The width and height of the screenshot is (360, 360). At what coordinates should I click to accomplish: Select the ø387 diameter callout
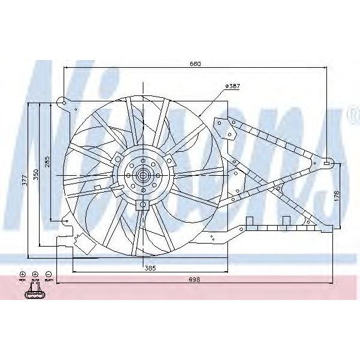pyautogui.click(x=232, y=86)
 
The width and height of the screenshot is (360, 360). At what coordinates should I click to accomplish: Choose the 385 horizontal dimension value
pyautogui.click(x=149, y=268)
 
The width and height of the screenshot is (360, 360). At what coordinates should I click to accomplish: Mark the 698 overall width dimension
pyautogui.click(x=194, y=280)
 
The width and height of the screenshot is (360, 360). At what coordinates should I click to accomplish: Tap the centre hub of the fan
pyautogui.click(x=143, y=176)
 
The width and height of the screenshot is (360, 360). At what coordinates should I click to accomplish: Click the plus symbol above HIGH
pyautogui.click(x=22, y=274)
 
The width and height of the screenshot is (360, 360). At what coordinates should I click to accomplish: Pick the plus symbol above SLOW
pyautogui.click(x=35, y=274)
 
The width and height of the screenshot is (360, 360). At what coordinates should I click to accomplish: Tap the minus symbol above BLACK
pyautogui.click(x=48, y=274)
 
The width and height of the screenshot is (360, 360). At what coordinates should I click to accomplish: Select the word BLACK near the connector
pyautogui.click(x=49, y=281)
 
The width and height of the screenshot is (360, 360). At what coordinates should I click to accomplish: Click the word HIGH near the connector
pyautogui.click(x=22, y=281)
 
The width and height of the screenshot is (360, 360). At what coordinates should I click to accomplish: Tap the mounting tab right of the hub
pyautogui.click(x=170, y=161)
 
